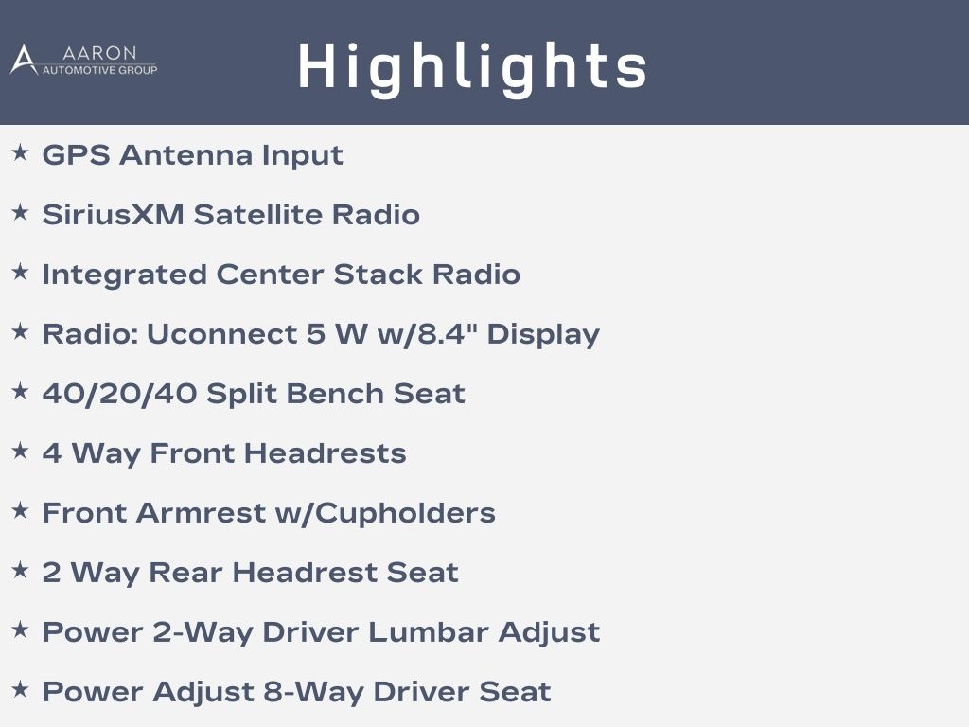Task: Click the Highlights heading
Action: coord(473,68)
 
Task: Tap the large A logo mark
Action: coord(24,60)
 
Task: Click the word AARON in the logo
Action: coord(99,53)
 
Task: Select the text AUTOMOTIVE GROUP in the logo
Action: coord(99,70)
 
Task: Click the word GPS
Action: coord(76,154)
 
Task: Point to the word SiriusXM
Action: coord(114,215)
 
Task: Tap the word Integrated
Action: coord(124,275)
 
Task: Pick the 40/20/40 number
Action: coord(119,394)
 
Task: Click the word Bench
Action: coord(335,394)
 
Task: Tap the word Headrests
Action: coord(326,453)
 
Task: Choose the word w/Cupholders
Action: coord(385,513)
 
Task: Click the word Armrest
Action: coord(201,513)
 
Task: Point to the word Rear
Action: coord(185,573)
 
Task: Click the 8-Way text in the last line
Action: coord(313,692)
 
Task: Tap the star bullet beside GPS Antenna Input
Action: coord(21,152)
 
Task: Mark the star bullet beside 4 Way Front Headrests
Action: coord(21,451)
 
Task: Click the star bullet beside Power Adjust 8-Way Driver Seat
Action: coord(21,689)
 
